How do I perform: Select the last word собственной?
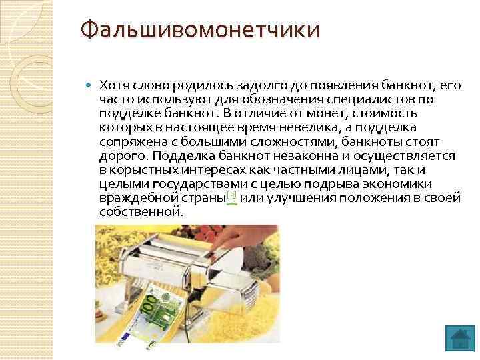pyautogui.click(x=139, y=212)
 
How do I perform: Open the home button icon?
pyautogui.click(x=459, y=338)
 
